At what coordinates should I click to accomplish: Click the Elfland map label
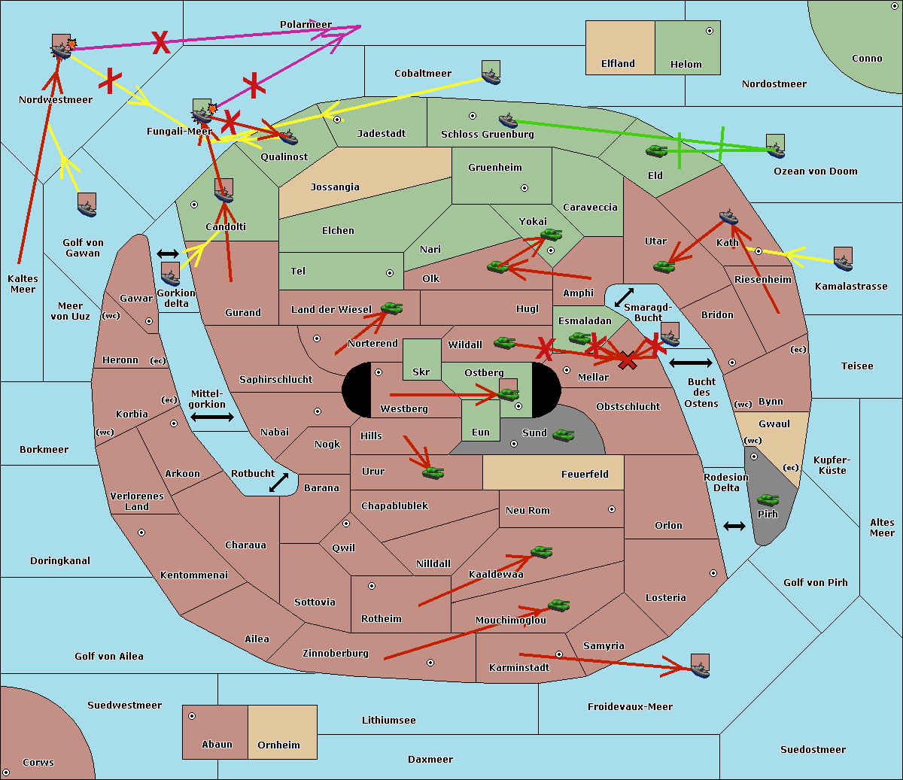click(x=618, y=64)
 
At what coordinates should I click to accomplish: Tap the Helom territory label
click(x=686, y=65)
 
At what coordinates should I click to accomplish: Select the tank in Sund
click(x=563, y=435)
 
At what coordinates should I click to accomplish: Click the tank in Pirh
click(x=768, y=500)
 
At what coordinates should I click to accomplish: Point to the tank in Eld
click(x=657, y=151)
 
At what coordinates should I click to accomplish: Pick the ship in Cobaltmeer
click(x=491, y=76)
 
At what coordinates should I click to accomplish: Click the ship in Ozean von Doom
click(x=775, y=148)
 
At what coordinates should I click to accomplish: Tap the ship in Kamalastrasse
click(x=843, y=262)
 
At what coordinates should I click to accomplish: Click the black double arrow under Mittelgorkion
click(x=211, y=417)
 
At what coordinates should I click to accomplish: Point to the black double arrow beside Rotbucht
click(x=278, y=483)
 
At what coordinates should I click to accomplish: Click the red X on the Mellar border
click(x=627, y=361)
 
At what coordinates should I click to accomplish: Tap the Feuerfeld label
click(x=585, y=474)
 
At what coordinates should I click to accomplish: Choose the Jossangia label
click(x=335, y=187)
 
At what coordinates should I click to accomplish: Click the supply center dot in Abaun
click(x=192, y=716)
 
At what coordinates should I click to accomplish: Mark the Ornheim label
click(x=278, y=745)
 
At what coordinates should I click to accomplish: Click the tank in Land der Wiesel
click(x=391, y=308)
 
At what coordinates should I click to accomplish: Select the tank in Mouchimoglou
click(x=558, y=605)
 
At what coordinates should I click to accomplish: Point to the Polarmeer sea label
click(x=306, y=25)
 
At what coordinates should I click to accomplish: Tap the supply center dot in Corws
click(x=6, y=772)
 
